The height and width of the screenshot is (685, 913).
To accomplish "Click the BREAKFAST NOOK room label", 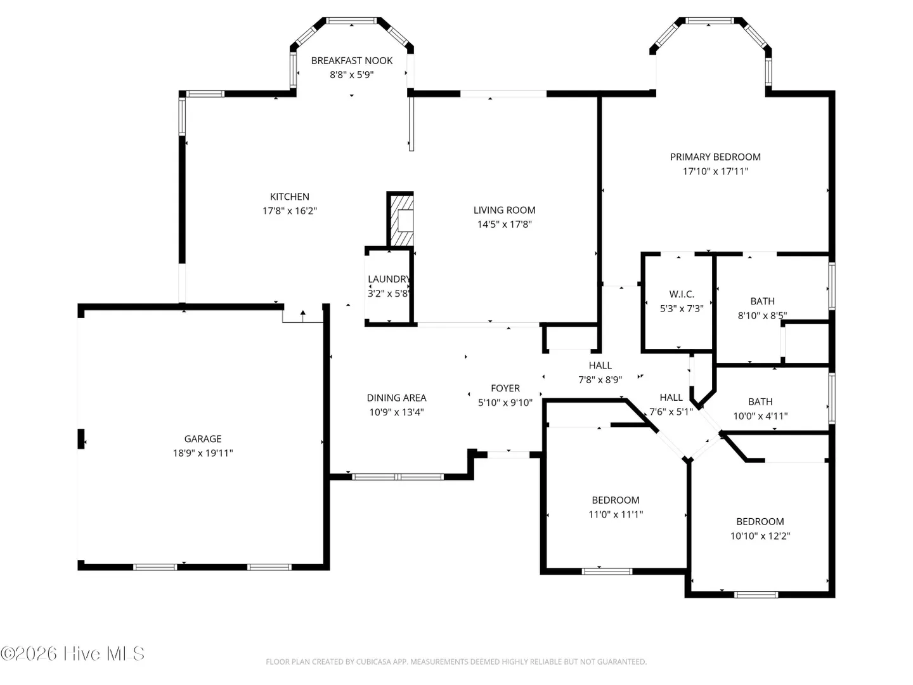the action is pyautogui.click(x=351, y=61).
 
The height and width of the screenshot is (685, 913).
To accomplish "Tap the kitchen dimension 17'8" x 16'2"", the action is pyautogui.click(x=290, y=211).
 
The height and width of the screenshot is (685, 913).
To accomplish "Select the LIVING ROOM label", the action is pyautogui.click(x=504, y=210).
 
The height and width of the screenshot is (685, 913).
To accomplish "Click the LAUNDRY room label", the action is pyautogui.click(x=389, y=279).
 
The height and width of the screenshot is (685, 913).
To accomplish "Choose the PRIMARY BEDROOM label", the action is pyautogui.click(x=715, y=157).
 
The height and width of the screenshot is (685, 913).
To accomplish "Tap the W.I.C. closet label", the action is pyautogui.click(x=682, y=294).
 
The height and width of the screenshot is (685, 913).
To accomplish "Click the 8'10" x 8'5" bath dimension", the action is pyautogui.click(x=762, y=316).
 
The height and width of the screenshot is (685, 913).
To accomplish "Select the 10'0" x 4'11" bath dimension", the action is pyautogui.click(x=760, y=416).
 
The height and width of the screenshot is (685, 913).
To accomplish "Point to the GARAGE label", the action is pyautogui.click(x=202, y=439).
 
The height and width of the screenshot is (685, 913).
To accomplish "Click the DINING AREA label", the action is pyautogui.click(x=396, y=398).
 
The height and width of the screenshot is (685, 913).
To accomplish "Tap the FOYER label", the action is pyautogui.click(x=505, y=388).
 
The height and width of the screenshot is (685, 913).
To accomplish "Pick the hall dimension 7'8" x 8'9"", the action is pyautogui.click(x=600, y=380).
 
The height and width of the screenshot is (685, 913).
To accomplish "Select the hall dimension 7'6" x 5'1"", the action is pyautogui.click(x=671, y=412).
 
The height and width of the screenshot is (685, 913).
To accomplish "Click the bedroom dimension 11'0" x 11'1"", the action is pyautogui.click(x=616, y=514).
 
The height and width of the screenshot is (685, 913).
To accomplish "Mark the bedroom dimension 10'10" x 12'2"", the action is pyautogui.click(x=760, y=536).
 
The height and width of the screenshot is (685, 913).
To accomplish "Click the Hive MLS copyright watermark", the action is pyautogui.click(x=72, y=654).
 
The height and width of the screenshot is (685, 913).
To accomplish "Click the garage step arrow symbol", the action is pyautogui.click(x=303, y=316).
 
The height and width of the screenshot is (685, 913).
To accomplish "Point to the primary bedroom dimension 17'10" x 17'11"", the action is pyautogui.click(x=715, y=171).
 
